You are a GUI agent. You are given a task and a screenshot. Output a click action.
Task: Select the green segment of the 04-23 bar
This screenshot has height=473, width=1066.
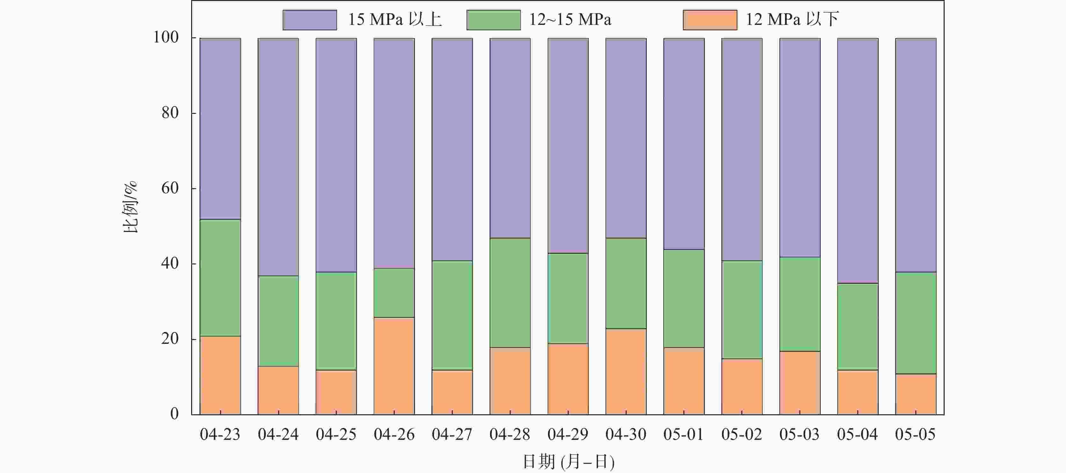[220, 277]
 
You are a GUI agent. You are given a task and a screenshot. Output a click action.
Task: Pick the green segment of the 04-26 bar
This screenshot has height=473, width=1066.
[394, 293]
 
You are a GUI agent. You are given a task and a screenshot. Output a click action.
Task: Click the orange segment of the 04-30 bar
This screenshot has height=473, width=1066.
[626, 372]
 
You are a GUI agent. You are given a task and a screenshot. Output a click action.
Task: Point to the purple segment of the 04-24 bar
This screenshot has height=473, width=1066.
[278, 157]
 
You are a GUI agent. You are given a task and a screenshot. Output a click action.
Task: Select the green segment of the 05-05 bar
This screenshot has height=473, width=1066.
[915, 323]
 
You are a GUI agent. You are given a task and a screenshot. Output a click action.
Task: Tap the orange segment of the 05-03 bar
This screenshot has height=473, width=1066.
[800, 383]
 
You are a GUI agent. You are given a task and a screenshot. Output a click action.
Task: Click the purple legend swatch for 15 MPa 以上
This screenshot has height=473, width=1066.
[310, 20]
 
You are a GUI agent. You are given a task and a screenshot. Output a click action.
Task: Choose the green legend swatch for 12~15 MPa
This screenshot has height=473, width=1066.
[493, 20]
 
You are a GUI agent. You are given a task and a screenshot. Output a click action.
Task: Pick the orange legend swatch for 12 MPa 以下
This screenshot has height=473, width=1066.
[710, 20]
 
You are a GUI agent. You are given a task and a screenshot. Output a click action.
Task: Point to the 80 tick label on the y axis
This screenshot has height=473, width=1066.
[170, 113]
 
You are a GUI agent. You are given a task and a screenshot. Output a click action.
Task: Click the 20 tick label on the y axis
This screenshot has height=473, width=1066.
[170, 339]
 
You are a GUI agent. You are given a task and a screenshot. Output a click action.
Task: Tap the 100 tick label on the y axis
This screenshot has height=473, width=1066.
[166, 37]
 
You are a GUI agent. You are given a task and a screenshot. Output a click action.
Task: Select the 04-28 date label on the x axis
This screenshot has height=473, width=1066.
[510, 434]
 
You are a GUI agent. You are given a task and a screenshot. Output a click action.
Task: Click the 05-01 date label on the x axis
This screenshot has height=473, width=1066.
[684, 434]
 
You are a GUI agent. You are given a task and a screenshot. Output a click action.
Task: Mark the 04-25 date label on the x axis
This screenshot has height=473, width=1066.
[336, 434]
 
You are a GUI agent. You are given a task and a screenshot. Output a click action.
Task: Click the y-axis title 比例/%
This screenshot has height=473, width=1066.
[131, 207]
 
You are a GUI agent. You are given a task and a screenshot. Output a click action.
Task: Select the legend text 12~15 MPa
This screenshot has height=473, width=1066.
[570, 20]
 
